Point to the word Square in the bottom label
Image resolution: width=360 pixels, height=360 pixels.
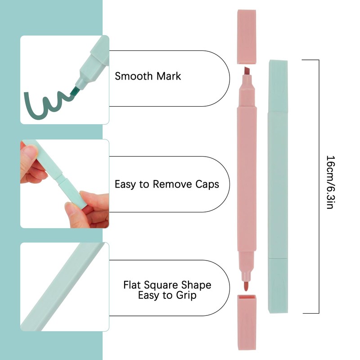(x=170, y=285)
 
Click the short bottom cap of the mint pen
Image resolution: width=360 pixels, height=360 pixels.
(x=278, y=285)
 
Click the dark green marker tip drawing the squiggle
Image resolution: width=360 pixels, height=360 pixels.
(x=74, y=90)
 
